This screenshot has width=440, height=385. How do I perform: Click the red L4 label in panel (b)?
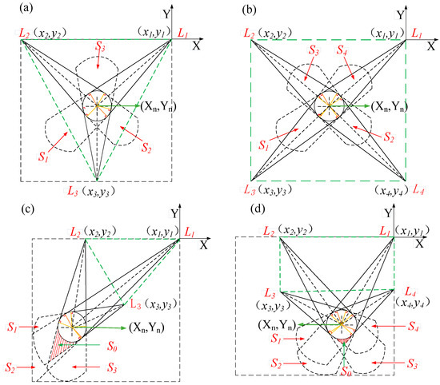pyautogui.click(x=414, y=191)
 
